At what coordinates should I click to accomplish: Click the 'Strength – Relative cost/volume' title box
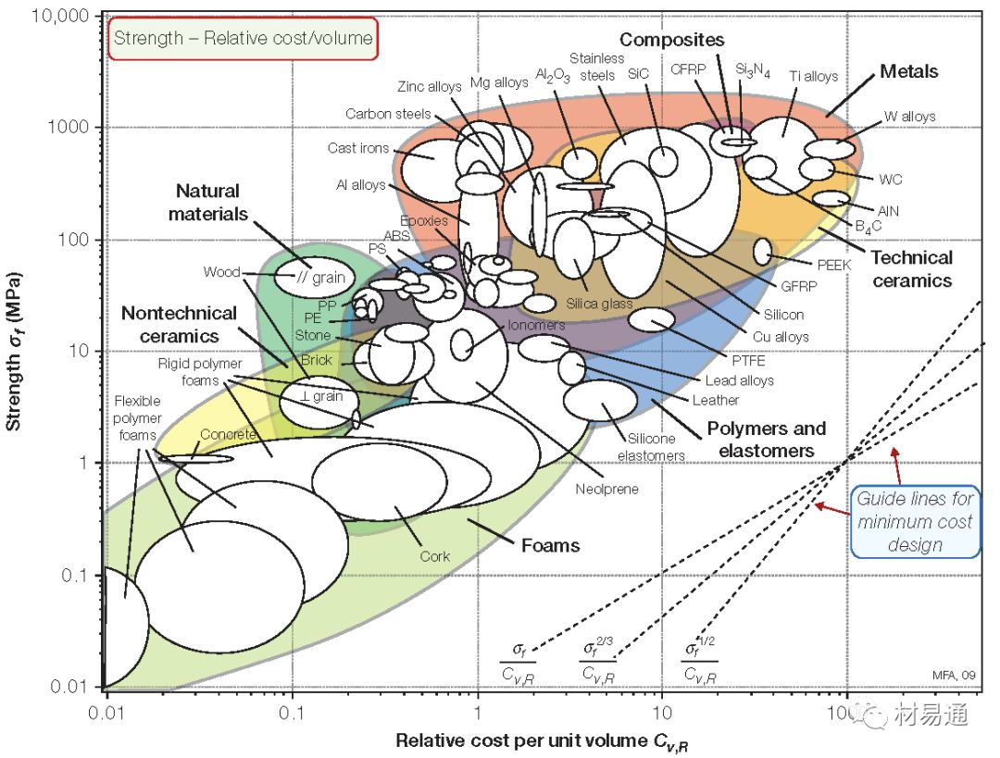[x=243, y=38]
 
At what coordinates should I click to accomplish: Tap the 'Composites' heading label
[x=671, y=40]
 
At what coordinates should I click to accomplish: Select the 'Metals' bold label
[x=908, y=71]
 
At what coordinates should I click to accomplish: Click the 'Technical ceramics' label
[x=911, y=268]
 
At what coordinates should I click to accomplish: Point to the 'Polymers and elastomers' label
[x=766, y=440]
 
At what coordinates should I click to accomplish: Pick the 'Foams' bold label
[x=550, y=545]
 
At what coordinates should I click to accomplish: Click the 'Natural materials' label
[x=207, y=202]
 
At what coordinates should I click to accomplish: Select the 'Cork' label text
[x=434, y=556]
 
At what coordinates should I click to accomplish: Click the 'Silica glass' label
[x=599, y=304]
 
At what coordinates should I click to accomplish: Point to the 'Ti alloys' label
[x=813, y=77]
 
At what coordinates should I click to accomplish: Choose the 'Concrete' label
[x=228, y=434]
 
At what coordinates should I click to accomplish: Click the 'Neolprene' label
[x=606, y=489]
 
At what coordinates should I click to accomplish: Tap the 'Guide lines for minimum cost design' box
[x=914, y=522]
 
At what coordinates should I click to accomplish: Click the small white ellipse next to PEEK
[x=762, y=251]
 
